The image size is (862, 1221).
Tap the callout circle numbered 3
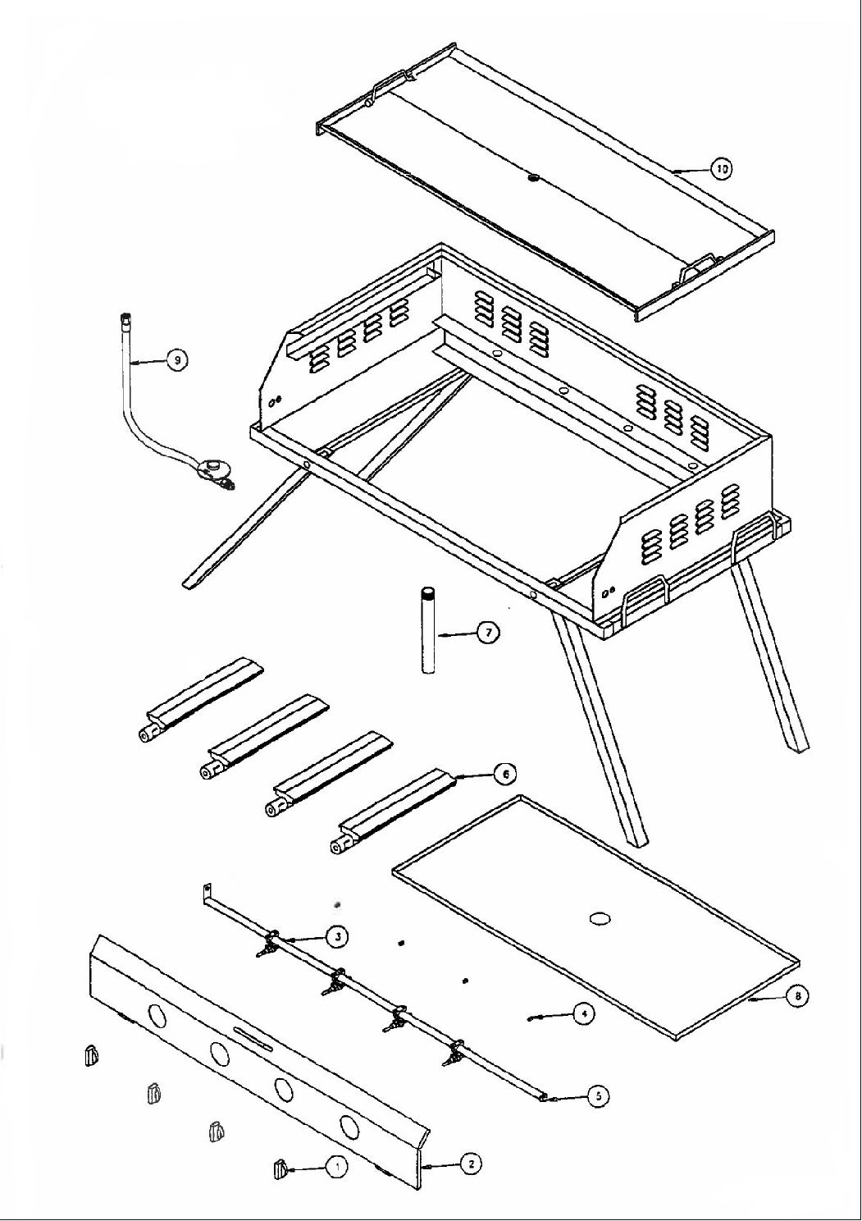point(335,935)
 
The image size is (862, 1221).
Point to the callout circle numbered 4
point(582,1015)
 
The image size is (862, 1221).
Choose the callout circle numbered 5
point(599,1096)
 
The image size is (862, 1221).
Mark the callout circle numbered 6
point(504,773)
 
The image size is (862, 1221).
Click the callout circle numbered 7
point(489,633)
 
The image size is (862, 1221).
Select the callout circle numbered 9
point(176,359)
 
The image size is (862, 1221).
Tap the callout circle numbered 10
point(721,169)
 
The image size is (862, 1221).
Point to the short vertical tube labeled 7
point(427,630)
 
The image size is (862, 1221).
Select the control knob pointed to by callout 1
point(279,1168)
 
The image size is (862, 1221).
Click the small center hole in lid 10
point(534,177)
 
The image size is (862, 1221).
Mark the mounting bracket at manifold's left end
point(208,891)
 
